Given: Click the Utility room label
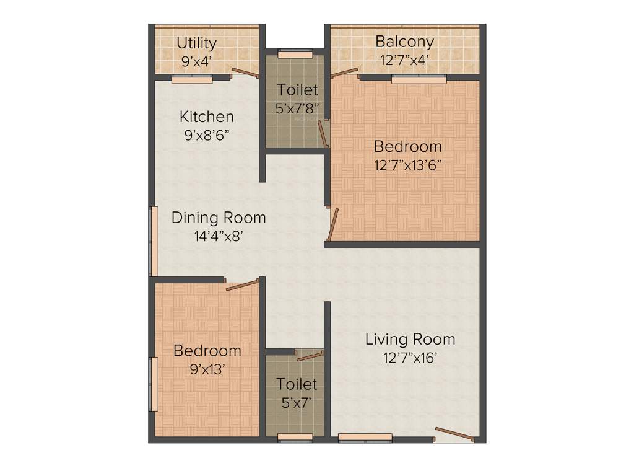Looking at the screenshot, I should [x=196, y=43].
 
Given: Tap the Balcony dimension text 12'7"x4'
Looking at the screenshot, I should [x=404, y=61].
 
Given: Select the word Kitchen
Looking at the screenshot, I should [x=207, y=117].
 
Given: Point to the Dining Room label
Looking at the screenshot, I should [x=219, y=218].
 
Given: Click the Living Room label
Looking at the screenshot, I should [x=410, y=339].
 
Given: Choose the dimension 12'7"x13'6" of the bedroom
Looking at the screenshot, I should [x=408, y=165].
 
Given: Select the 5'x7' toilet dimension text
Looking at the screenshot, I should [x=297, y=403].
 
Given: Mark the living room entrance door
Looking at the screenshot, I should [x=455, y=434].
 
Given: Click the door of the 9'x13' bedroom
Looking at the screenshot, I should [x=242, y=285].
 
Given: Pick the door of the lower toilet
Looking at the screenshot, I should [x=310, y=356].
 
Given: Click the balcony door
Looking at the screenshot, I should [x=344, y=73].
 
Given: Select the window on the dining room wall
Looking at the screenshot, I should [x=153, y=241].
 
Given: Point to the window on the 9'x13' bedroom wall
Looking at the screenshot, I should [x=153, y=384].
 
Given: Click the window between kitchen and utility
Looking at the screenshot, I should [x=192, y=79].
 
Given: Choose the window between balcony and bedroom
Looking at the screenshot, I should [x=419, y=79].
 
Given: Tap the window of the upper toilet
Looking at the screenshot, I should [x=295, y=53].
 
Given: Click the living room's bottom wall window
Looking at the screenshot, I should [x=365, y=438].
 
